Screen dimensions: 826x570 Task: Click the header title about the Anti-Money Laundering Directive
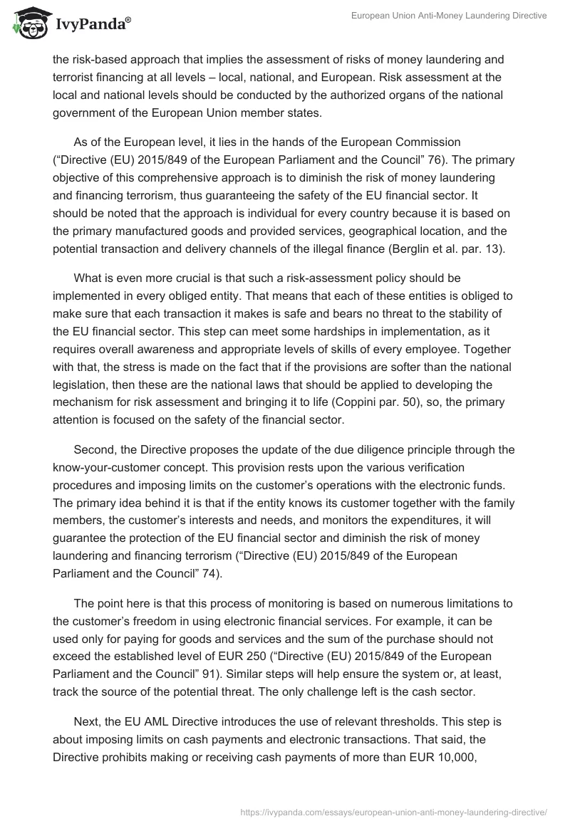point(449,16)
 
